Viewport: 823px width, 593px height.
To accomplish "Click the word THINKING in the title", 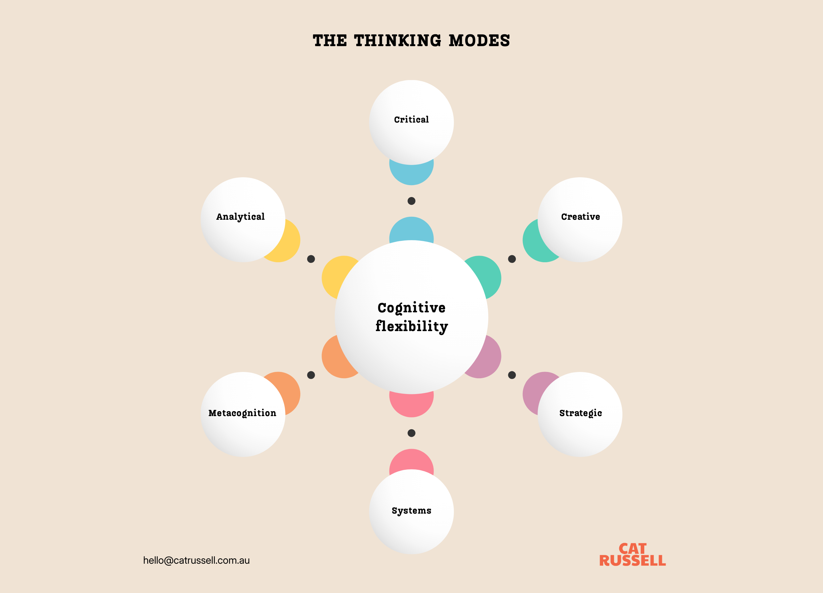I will point(398,40).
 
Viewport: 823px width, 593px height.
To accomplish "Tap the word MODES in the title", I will point(479,40).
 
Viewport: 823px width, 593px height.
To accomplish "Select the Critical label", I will point(411,120).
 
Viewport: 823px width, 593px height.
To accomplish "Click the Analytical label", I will point(240,217).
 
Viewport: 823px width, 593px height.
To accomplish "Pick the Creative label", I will point(580,217).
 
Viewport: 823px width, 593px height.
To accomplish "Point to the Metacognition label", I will point(242,413).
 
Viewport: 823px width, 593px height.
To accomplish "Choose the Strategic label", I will point(580,413).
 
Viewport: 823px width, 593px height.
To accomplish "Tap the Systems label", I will point(411,511).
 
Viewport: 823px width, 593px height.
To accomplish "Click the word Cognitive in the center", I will point(411,308).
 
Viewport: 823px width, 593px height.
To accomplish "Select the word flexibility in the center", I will point(411,326).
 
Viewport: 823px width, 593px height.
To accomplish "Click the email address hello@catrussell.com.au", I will point(196,560).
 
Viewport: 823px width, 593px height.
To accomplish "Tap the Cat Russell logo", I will point(632,554).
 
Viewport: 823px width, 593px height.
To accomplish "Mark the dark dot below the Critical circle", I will point(411,201).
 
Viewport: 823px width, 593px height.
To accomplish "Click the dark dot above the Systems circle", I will point(411,433).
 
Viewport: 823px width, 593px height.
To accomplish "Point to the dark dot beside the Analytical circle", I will point(311,259).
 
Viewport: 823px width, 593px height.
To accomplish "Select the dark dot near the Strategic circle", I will point(512,375).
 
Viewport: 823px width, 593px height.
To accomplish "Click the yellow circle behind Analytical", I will point(290,243).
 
